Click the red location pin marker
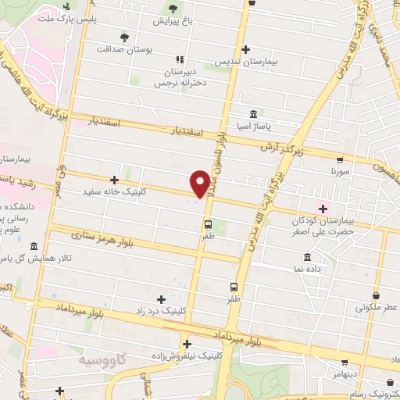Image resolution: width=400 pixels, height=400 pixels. click(201, 182)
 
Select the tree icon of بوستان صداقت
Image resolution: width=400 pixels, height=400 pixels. click(123, 36)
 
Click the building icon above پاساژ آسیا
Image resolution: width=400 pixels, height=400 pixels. click(253, 112)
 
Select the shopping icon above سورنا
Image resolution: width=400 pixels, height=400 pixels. click(337, 156)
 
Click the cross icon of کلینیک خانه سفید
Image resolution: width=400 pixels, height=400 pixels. click(114, 180)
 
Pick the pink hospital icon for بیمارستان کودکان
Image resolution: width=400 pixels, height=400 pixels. click(323, 208)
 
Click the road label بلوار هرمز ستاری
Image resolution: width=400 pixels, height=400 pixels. click(98, 233)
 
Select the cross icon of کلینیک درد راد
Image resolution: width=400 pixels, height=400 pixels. click(162, 298)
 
